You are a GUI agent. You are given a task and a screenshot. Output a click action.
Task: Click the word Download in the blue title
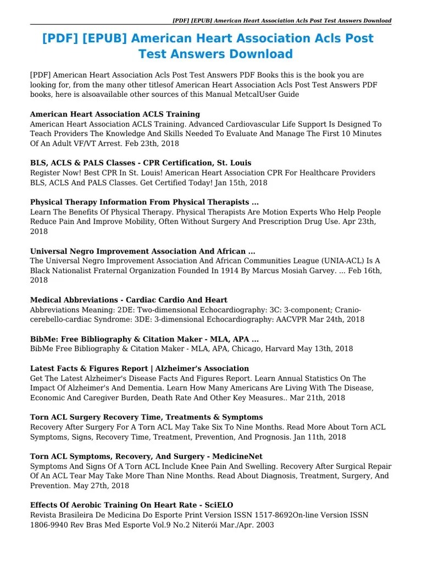[x=257, y=54]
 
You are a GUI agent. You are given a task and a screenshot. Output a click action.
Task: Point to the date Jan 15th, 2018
[x=238, y=183]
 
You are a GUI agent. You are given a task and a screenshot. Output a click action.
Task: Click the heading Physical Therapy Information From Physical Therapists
[x=144, y=202]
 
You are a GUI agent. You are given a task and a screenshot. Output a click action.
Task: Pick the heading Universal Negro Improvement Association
[x=142, y=251]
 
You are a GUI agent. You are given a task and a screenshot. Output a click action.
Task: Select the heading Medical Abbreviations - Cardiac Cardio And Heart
[x=129, y=300]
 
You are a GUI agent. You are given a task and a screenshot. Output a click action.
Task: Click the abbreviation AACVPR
[x=306, y=319]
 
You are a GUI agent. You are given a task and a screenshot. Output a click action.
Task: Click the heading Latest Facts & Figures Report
[x=140, y=368]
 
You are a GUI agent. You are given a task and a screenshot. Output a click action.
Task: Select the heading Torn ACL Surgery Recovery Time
[x=146, y=417]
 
